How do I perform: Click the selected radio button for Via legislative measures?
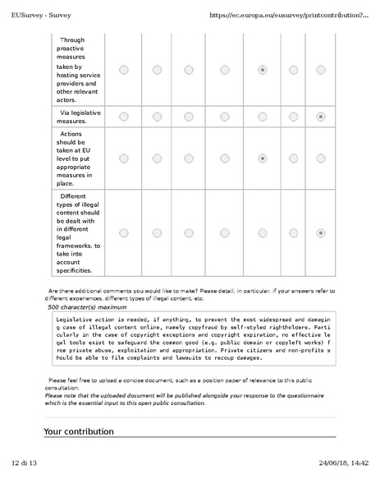(x=320, y=117)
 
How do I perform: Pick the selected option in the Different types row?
(x=320, y=233)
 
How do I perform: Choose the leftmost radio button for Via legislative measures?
(x=123, y=117)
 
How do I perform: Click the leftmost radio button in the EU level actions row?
(x=123, y=158)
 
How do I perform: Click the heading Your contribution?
(x=79, y=431)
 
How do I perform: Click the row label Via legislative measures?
(x=79, y=117)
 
